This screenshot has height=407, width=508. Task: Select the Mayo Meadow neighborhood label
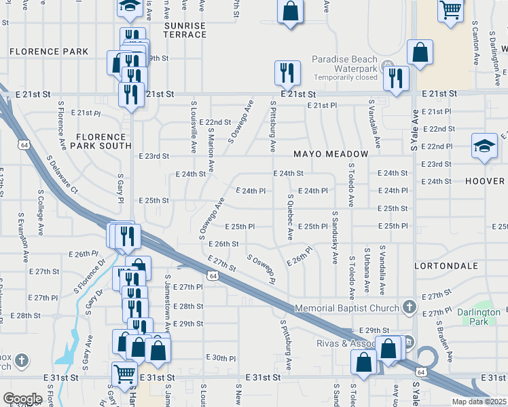pos(331,154)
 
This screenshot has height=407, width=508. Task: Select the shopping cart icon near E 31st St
pos(125,373)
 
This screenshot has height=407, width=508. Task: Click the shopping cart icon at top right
pos(450,10)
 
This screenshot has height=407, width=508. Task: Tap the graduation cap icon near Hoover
pos(484,146)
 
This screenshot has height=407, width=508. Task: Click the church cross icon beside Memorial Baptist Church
pos(409,307)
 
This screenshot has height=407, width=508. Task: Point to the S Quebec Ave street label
pos(290,217)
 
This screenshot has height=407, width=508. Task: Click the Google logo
pos(22,399)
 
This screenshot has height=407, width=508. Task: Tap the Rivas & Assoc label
pos(344,343)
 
